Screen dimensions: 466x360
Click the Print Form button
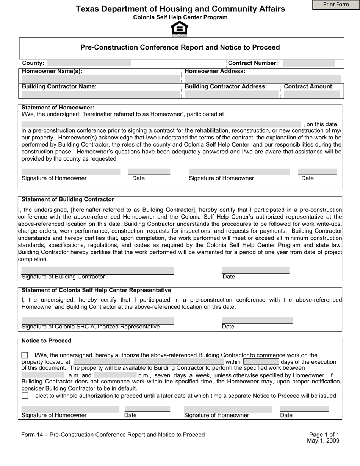(x=336, y=5)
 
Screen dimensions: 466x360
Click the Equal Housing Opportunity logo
(x=179, y=29)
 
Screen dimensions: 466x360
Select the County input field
(x=89, y=63)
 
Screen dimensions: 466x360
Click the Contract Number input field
(x=309, y=63)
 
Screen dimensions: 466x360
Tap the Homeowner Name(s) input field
(x=100, y=79)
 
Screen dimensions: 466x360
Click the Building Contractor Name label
(x=59, y=86)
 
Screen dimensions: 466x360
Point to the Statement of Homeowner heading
(x=58, y=108)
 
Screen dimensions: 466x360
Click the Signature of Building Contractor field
(x=97, y=271)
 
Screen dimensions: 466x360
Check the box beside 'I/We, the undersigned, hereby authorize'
(x=25, y=355)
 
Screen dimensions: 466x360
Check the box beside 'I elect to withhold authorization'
(x=25, y=396)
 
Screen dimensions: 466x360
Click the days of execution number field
(x=261, y=362)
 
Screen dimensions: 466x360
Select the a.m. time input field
(x=42, y=375)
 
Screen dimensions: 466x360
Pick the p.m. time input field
(x=115, y=375)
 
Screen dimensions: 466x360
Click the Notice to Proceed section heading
(x=47, y=341)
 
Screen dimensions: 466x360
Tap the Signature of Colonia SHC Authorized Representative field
(x=98, y=321)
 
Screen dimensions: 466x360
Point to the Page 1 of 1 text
(x=324, y=435)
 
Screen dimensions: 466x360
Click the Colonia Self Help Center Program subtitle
(x=180, y=17)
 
